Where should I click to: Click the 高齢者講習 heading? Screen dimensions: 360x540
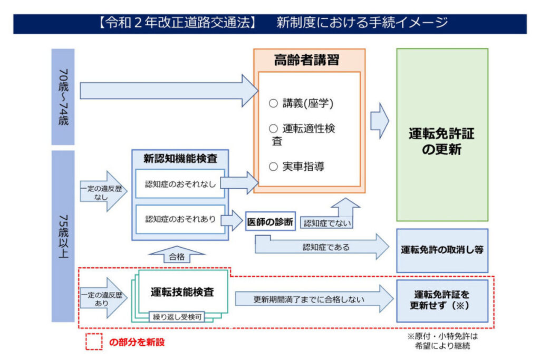coord(309,60)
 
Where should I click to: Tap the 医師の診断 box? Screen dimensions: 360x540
coord(270,222)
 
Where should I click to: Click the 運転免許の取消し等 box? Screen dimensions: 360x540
coord(442,250)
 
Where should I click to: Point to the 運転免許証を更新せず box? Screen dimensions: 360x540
coord(442,300)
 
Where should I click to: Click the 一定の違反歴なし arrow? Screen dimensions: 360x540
coord(102,191)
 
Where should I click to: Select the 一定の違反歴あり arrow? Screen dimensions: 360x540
coord(102,298)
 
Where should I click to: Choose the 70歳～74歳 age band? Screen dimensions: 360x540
coord(63,96)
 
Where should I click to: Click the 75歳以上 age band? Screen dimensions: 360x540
coord(63,236)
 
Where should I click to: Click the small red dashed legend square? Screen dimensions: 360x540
coord(94,342)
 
